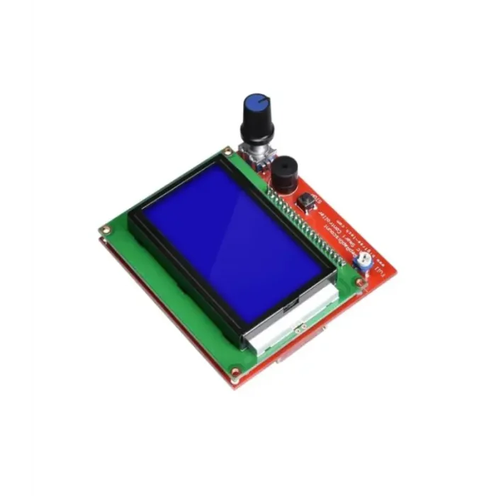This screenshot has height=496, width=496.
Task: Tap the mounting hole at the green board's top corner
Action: tap(227, 151)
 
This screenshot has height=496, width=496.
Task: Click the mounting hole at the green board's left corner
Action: tap(106, 230)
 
